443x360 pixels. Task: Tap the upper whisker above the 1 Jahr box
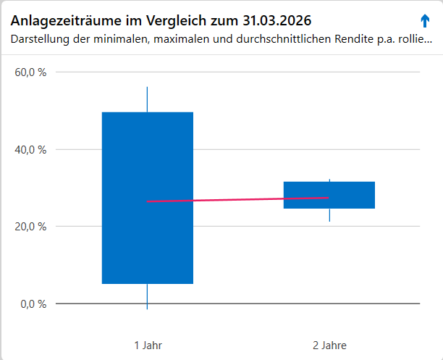[147, 100]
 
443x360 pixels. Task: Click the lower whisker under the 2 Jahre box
[329, 215]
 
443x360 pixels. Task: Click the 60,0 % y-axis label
[31, 72]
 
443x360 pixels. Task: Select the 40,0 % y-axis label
[31, 149]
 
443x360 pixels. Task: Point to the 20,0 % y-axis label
[31, 226]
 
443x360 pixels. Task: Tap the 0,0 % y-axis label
[34, 304]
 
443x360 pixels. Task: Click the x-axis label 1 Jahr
[148, 345]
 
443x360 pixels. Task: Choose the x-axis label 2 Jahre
[329, 345]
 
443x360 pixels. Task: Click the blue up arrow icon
[425, 20]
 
